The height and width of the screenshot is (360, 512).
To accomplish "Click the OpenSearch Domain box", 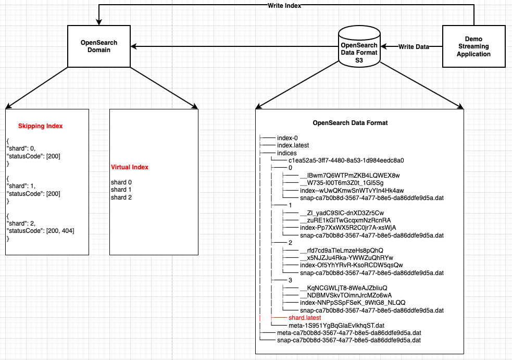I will [x=99, y=46].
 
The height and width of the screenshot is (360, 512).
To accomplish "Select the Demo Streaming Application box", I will [x=473, y=46].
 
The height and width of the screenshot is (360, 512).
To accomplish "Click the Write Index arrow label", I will [x=284, y=6].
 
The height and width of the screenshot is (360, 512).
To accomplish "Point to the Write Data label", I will [x=414, y=47].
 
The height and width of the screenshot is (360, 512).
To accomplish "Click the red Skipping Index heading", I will [x=40, y=126].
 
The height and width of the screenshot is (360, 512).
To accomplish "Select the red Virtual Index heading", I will [x=130, y=167].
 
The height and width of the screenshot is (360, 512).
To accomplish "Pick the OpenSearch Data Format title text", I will [x=350, y=123].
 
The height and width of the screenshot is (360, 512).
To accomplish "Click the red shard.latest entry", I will [x=305, y=317].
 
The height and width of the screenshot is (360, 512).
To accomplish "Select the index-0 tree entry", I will [x=288, y=138].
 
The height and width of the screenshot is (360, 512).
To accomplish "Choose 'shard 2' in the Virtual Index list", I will [x=121, y=197].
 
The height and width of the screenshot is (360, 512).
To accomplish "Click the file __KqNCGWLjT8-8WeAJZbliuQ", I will [x=344, y=288].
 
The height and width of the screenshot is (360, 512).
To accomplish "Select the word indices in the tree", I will [x=286, y=153].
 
